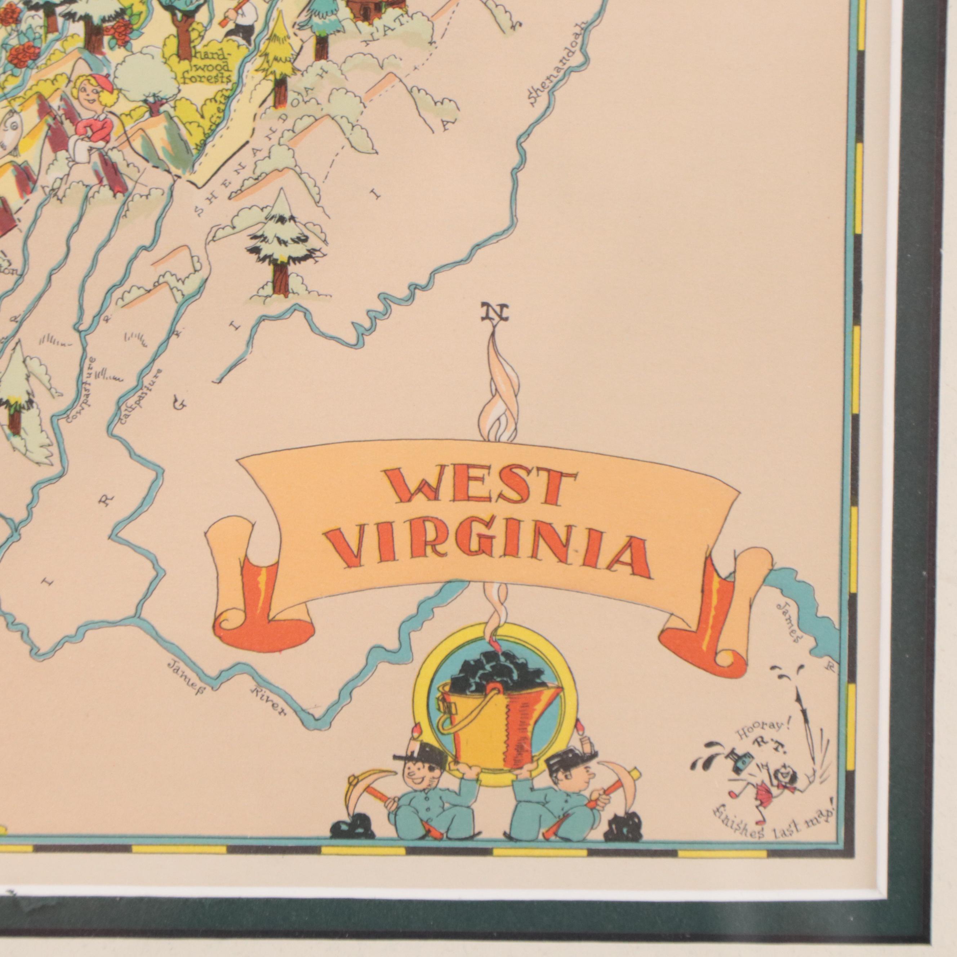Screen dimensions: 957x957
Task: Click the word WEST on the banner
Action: tap(478, 488)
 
